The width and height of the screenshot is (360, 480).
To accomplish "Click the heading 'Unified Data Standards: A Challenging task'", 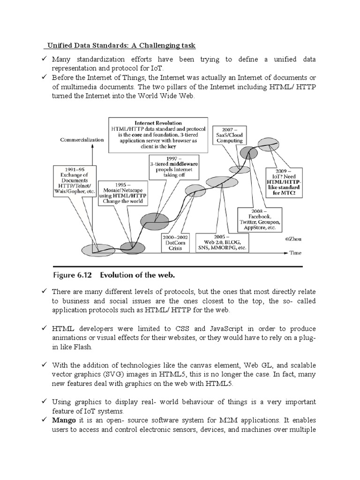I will click(120, 45).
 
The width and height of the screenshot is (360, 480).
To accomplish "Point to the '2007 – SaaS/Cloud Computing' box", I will click(230, 135).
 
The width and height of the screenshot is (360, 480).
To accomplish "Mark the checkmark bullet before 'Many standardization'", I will click(43, 60).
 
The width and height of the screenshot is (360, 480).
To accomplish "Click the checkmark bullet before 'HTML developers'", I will click(43, 328).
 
